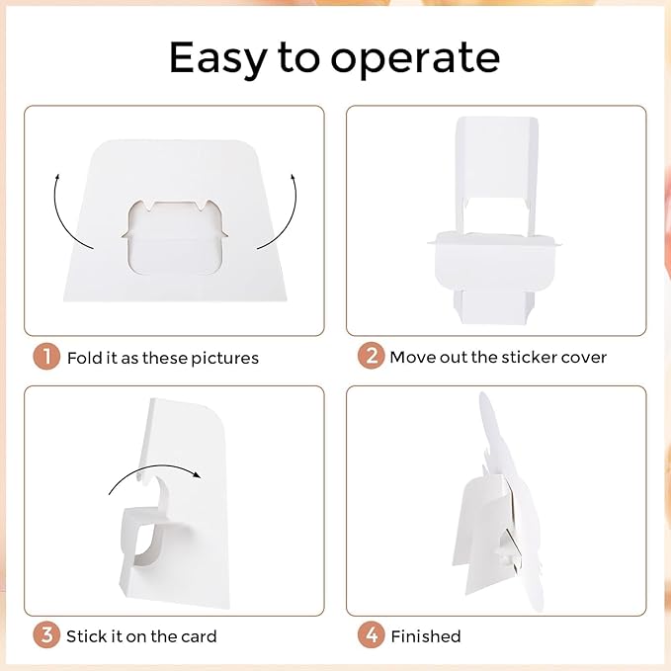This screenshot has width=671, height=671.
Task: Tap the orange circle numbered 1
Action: coord(46,357)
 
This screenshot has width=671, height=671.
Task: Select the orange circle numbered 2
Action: coord(371,356)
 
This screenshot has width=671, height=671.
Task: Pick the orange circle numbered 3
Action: coord(46,635)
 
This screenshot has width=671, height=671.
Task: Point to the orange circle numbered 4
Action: coord(371,635)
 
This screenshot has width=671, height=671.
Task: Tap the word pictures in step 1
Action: coord(224,359)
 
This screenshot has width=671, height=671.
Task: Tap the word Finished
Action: coord(426,636)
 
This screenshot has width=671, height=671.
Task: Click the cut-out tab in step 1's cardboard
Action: coord(175,237)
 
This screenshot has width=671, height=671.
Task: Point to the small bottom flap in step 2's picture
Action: coord(494,306)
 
